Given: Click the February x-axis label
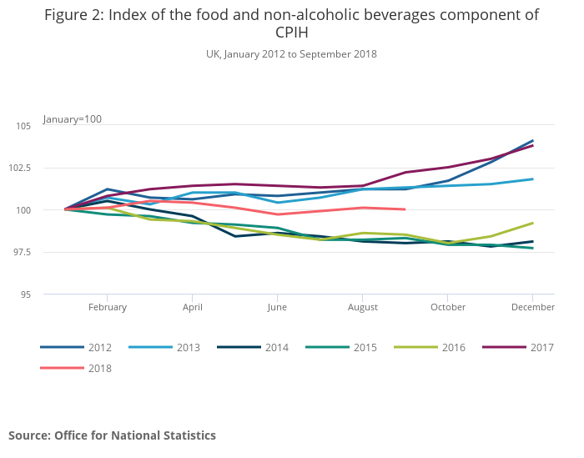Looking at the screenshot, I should coord(108,307).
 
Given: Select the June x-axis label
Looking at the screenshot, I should coord(278,307).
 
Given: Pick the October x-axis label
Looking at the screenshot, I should coord(448,307).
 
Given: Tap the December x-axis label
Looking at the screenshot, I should coord(533,307).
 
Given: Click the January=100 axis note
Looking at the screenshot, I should coord(73,119).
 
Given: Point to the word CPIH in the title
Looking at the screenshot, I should coord(291,33).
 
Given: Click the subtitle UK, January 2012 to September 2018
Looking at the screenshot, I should coord(291,54).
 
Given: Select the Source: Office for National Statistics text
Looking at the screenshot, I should coord(112,435).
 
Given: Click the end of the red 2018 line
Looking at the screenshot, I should coord(405,209).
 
